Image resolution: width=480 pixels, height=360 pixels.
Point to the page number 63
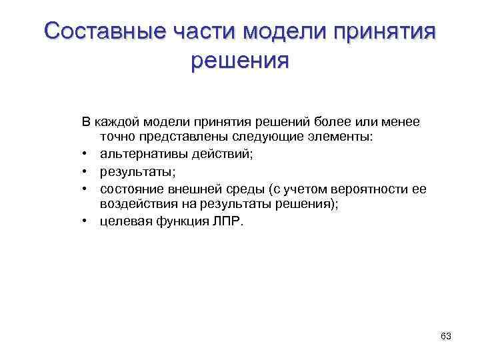tap(446, 336)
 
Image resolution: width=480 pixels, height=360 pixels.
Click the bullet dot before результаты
tap(87, 172)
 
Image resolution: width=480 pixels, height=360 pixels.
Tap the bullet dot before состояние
tap(87, 189)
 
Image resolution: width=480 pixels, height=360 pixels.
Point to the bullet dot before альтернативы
tap(87, 155)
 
